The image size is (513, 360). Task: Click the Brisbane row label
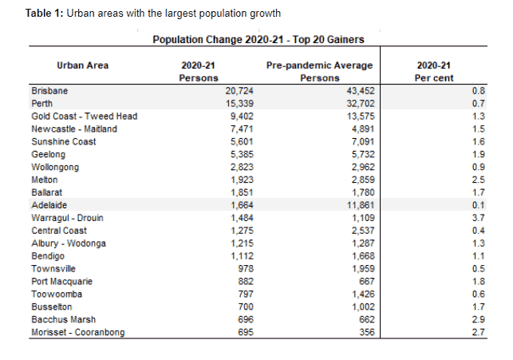(x=49, y=91)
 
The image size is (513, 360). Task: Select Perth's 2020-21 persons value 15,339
(x=239, y=104)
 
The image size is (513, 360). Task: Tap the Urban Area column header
(x=83, y=65)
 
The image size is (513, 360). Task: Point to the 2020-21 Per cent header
(x=436, y=71)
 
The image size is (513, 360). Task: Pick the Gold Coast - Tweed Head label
(x=84, y=117)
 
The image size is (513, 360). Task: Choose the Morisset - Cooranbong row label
(x=77, y=332)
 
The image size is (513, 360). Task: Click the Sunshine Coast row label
(x=63, y=142)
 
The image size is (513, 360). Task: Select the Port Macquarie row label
(x=61, y=282)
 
